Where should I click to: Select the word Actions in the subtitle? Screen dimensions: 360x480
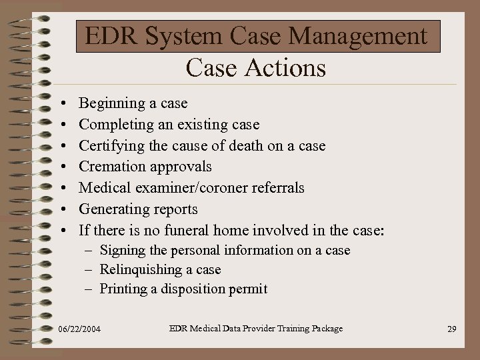tap(285, 68)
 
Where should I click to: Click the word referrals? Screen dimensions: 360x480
tap(278, 188)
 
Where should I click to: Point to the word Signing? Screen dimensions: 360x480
tap(121, 251)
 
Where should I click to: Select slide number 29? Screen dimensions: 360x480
tap(451, 329)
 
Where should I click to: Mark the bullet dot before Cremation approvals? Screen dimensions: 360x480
tap(61, 167)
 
